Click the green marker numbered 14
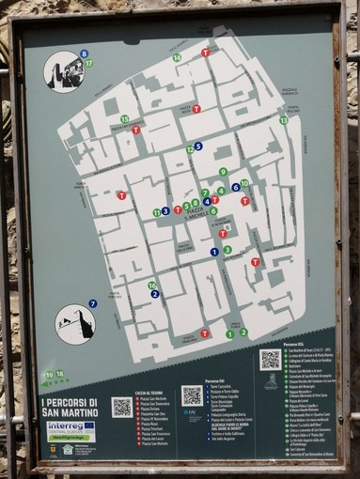[177, 58]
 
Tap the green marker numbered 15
[124, 119]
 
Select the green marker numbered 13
[283, 120]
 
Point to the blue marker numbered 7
[92, 303]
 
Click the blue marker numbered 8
[84, 54]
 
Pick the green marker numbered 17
[88, 64]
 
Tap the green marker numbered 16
[151, 286]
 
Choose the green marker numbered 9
[223, 172]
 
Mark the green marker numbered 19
[48, 374]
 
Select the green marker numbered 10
[244, 184]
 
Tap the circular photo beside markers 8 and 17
[63, 71]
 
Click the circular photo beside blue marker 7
[74, 324]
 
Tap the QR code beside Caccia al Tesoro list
[122, 407]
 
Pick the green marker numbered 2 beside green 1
[243, 332]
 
